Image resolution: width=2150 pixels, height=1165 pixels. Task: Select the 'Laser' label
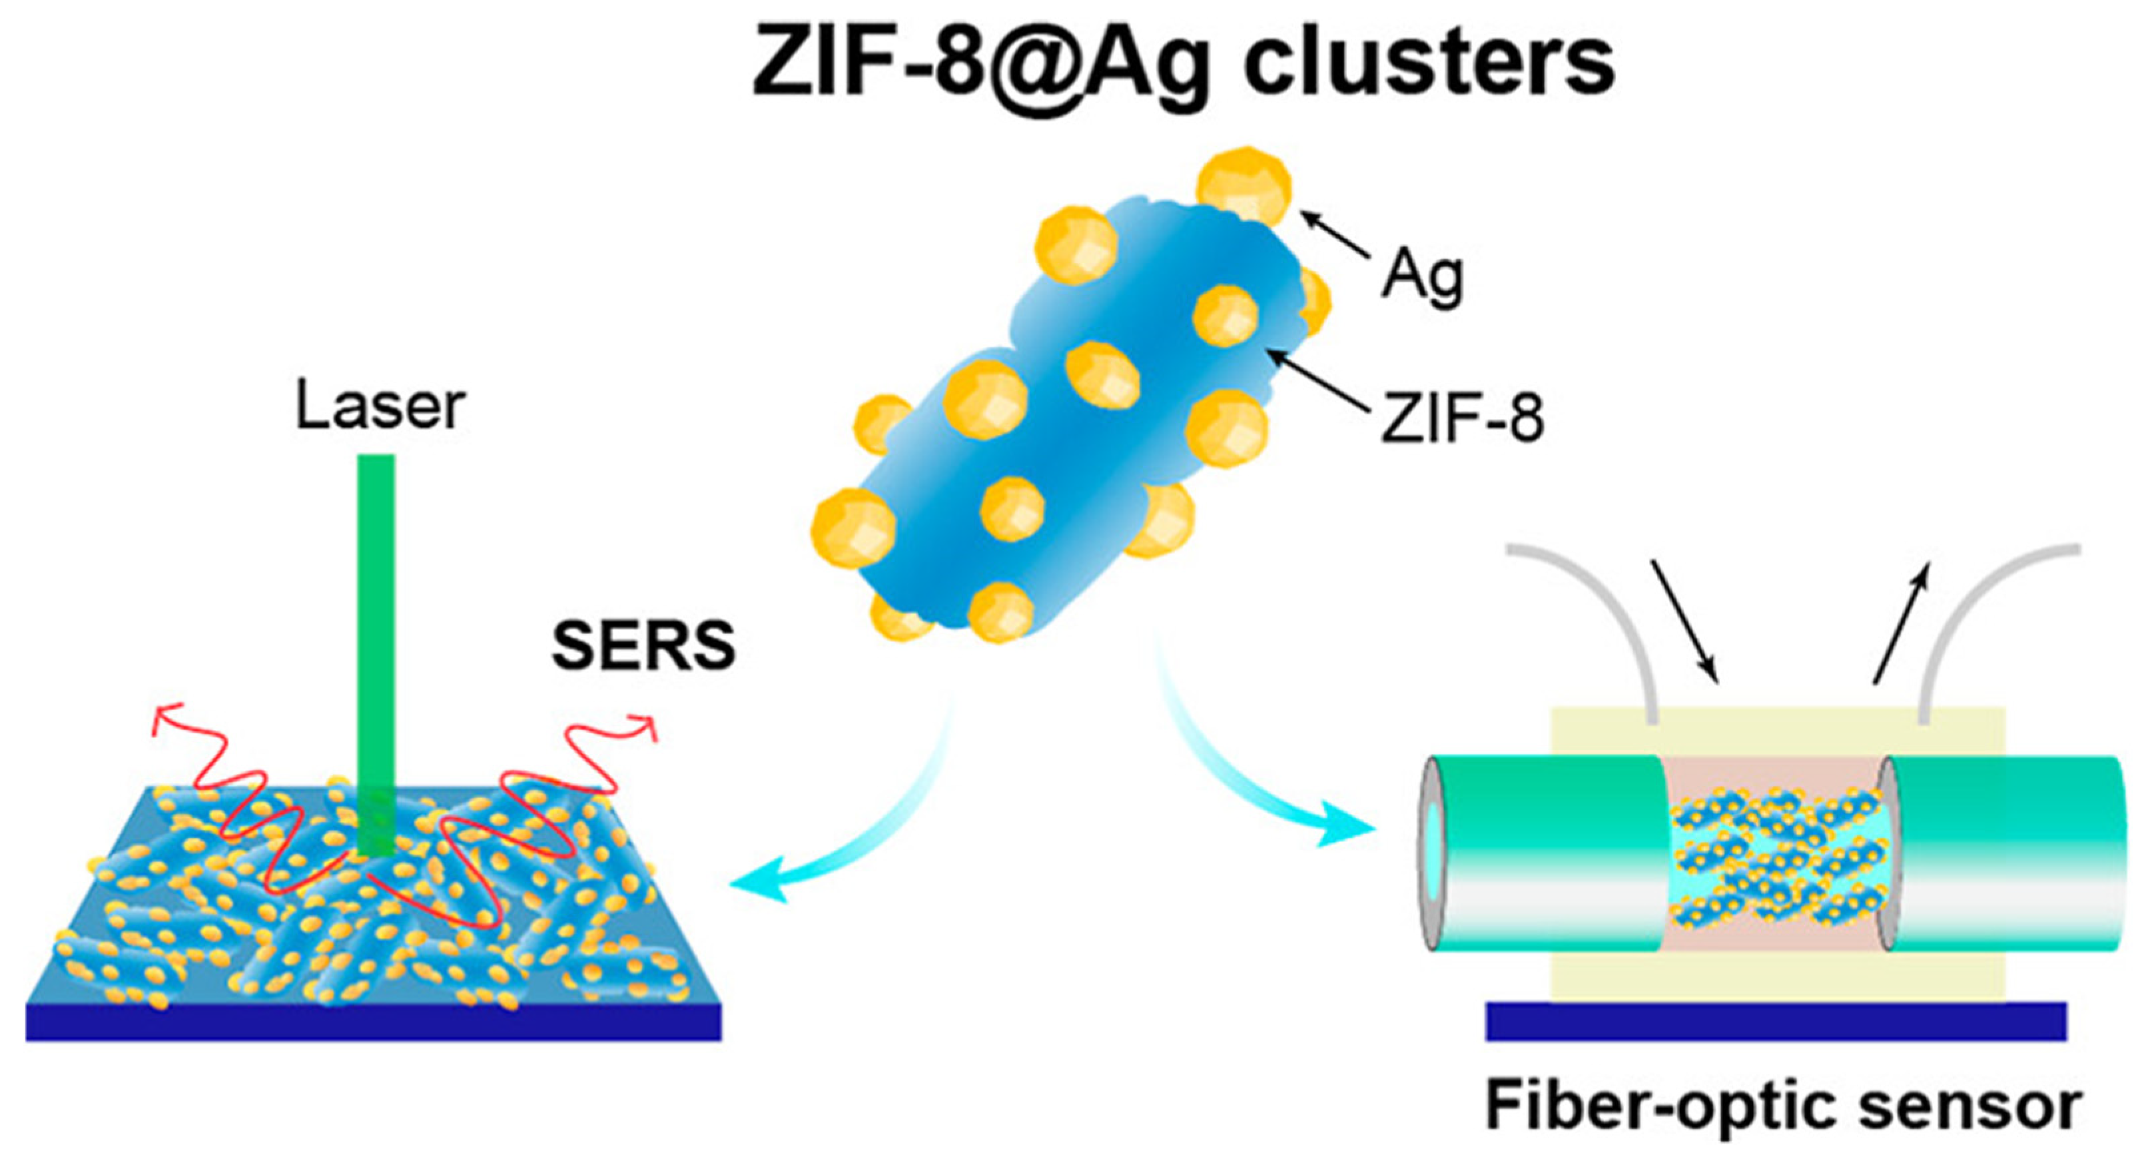[380, 408]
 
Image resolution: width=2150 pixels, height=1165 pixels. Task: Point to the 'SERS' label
[643, 647]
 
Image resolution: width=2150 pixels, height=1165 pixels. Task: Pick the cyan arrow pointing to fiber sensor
[1252, 776]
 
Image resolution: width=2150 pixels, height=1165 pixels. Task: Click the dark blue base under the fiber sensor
[1776, 1022]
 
